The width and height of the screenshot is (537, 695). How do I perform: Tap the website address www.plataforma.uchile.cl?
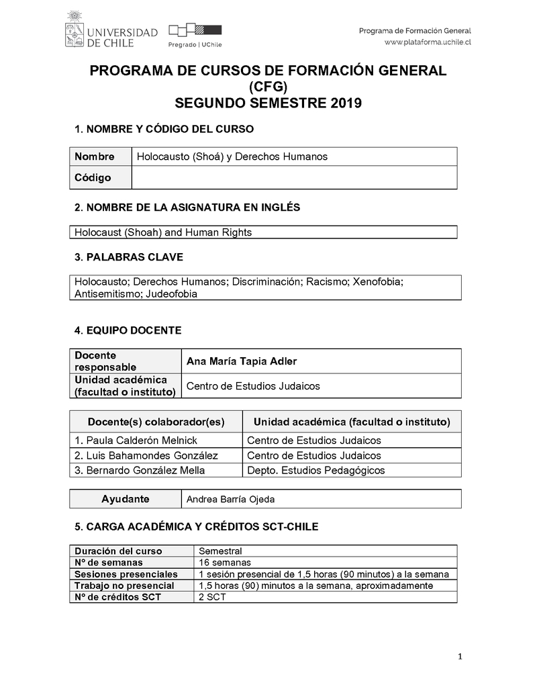(x=428, y=42)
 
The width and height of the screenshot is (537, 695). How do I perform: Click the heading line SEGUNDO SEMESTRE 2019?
(x=268, y=103)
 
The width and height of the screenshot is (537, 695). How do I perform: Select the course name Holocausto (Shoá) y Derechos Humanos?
(x=232, y=156)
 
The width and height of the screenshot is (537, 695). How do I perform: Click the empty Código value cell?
(x=294, y=178)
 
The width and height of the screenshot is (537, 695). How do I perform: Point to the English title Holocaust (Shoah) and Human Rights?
(x=163, y=232)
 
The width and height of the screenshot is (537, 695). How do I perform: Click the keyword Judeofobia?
(x=172, y=293)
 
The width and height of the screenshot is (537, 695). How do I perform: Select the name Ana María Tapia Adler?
(x=242, y=361)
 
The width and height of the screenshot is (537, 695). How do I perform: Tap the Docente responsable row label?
(x=105, y=361)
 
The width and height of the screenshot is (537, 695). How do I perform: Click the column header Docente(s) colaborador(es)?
(x=156, y=422)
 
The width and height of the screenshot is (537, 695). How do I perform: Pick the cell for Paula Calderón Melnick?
(x=136, y=441)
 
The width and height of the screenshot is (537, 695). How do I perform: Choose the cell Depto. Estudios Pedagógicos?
(x=315, y=470)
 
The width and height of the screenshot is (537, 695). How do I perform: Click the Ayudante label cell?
(x=126, y=499)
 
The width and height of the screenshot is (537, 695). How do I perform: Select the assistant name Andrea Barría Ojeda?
(x=230, y=500)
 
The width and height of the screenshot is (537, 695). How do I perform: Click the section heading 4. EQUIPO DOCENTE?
(x=128, y=330)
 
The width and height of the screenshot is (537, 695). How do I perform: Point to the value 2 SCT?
(x=212, y=597)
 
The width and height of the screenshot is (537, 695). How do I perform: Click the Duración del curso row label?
(x=118, y=551)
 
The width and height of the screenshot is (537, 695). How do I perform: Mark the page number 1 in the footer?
(x=460, y=657)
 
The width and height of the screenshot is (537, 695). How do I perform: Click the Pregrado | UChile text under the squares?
(x=195, y=44)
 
